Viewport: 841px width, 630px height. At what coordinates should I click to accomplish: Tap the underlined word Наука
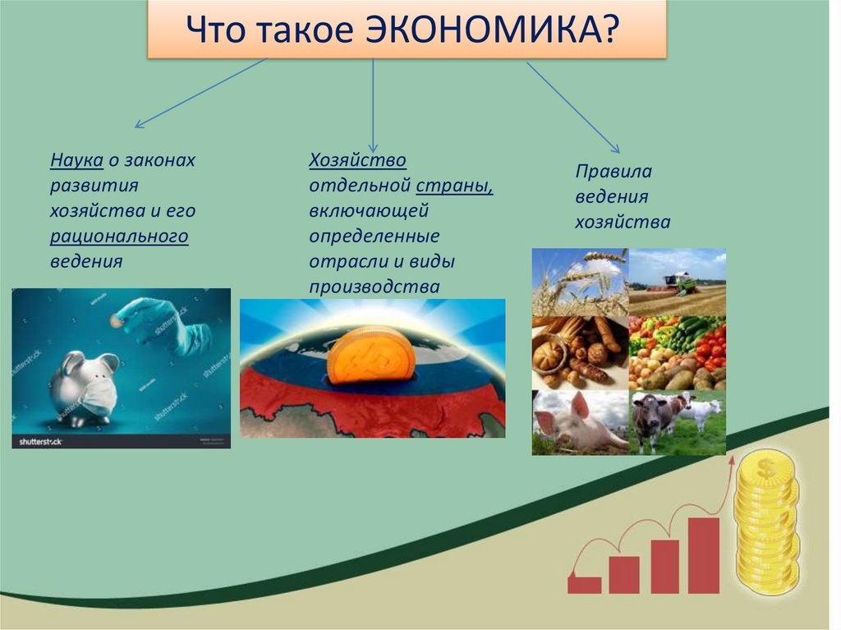(x=76, y=160)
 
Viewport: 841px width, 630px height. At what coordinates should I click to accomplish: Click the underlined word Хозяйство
(x=358, y=160)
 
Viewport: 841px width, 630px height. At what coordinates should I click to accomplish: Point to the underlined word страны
(x=454, y=186)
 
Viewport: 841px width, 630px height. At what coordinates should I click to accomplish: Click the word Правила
(x=614, y=172)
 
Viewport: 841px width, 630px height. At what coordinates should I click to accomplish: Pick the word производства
(x=375, y=287)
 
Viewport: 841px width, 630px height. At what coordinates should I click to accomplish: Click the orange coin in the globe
(x=370, y=355)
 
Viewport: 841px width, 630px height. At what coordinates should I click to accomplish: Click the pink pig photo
(x=580, y=422)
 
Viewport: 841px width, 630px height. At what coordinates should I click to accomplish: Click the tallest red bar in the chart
(x=703, y=555)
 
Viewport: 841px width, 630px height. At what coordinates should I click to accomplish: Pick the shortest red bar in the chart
(x=585, y=585)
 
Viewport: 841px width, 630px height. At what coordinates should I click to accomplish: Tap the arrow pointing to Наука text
(x=201, y=93)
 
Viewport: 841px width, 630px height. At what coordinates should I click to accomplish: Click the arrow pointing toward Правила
(x=573, y=108)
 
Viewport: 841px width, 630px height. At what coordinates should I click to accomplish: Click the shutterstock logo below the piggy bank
(x=41, y=442)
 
